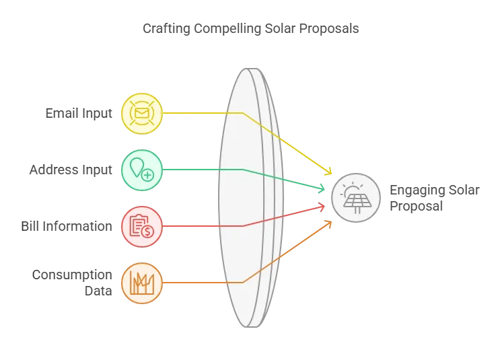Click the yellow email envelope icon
[x=142, y=113]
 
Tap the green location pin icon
[x=142, y=170]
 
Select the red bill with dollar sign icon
[x=142, y=227]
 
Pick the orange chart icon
[x=142, y=283]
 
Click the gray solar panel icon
[x=356, y=198]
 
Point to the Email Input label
[x=79, y=113]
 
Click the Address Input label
[x=71, y=170]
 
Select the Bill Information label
[x=67, y=226]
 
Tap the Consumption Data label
[x=72, y=283]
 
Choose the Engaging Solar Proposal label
[x=435, y=198]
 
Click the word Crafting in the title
[x=166, y=29]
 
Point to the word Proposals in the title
[x=329, y=29]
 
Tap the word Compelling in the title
[x=227, y=29]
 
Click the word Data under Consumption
[x=98, y=291]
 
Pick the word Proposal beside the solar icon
[x=416, y=206]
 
